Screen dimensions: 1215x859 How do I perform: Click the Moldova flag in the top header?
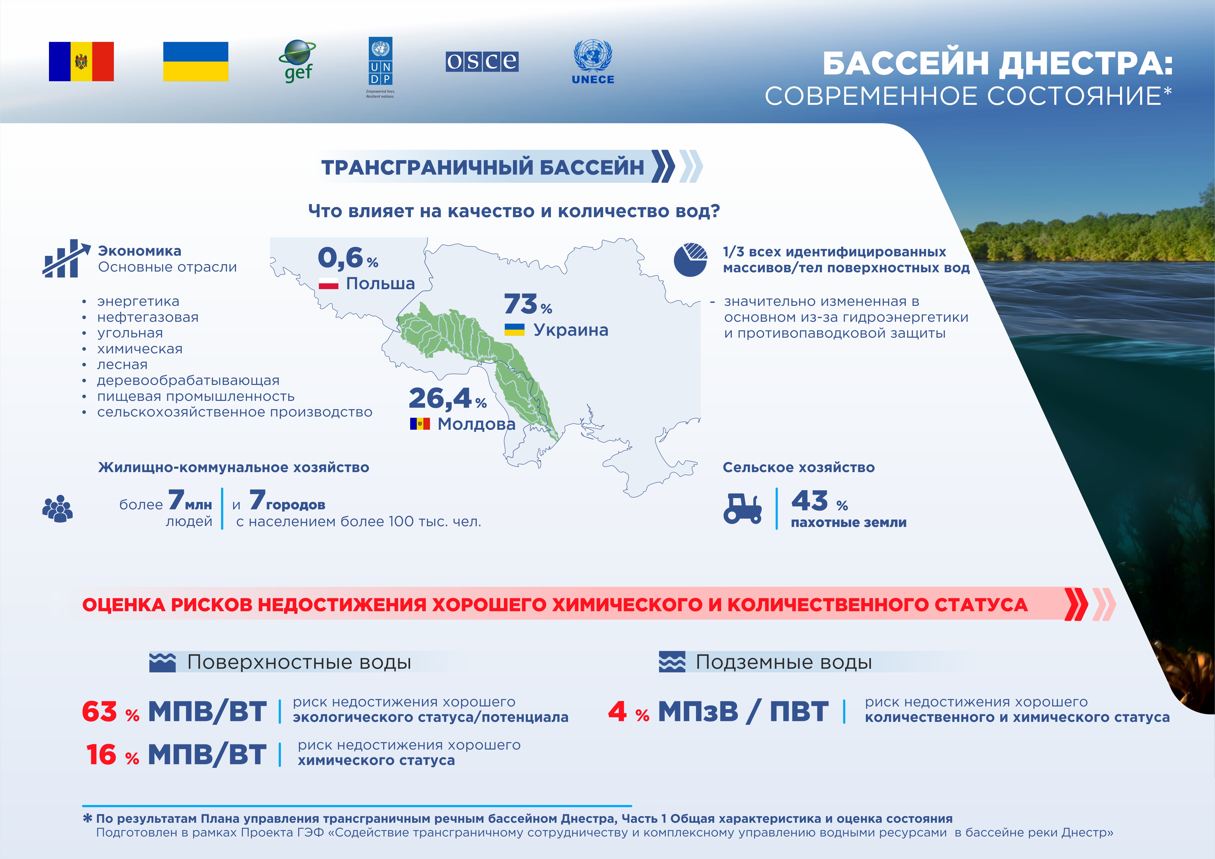click(81, 61)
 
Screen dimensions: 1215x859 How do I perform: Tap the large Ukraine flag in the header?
click(195, 61)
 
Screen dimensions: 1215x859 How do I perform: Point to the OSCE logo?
click(482, 61)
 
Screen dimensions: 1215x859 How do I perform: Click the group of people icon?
click(58, 509)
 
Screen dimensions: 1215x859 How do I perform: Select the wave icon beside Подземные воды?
click(672, 662)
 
